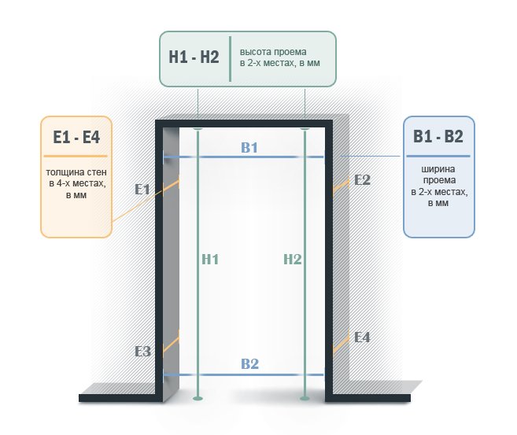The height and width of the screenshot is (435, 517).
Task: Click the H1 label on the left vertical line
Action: pos(210,260)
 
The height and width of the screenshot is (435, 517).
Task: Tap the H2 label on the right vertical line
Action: pos(293,260)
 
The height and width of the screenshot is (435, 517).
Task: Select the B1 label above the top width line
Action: pos(249,148)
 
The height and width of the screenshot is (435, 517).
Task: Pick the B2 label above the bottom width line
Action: pos(249,364)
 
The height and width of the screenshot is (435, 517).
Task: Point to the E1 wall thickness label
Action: pos(142,190)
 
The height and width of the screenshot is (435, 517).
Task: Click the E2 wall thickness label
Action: pos(362,180)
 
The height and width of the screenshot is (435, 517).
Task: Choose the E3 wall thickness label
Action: pos(142,352)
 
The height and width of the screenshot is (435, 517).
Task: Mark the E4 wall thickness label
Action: pos(362,337)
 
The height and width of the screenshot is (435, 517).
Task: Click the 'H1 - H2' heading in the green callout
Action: pos(194,57)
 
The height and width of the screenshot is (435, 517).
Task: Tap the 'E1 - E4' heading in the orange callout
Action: pos(76,137)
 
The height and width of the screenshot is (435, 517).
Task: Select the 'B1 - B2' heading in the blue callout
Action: pos(438,136)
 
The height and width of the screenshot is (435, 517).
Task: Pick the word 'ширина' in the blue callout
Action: pos(438,169)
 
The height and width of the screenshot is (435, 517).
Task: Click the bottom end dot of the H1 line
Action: pos(198,398)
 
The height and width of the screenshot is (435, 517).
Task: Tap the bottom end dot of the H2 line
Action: pos(305,398)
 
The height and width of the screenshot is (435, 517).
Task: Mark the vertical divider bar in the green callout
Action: pos(230,59)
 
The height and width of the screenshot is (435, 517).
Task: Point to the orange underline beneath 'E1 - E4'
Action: pos(76,156)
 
